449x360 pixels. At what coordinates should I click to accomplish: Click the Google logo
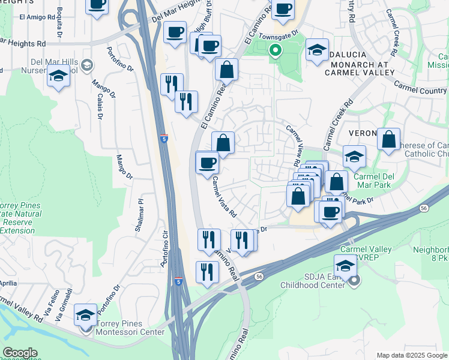click(x=19, y=353)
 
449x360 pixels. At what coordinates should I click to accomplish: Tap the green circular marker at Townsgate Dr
click(x=276, y=51)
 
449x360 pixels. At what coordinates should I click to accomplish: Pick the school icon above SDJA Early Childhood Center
click(x=346, y=265)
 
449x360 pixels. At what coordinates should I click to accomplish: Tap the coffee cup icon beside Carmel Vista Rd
click(x=208, y=163)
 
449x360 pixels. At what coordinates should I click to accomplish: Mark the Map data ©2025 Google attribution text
click(x=411, y=355)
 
